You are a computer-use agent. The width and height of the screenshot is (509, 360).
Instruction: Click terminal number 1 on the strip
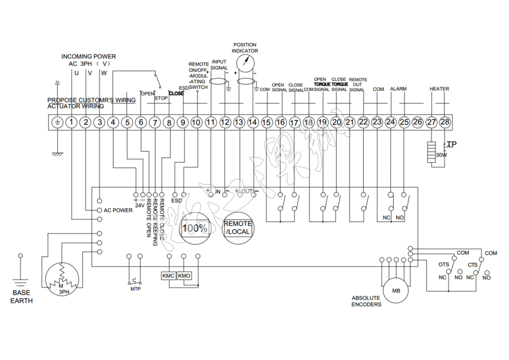71,122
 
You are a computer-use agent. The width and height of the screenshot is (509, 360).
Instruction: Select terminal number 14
252,122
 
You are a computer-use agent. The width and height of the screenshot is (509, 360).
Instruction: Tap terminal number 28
445,122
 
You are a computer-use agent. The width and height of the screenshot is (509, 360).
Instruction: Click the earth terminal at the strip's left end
57,122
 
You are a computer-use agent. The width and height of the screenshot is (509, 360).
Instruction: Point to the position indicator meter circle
245,63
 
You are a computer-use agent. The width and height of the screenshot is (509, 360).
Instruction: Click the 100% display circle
194,228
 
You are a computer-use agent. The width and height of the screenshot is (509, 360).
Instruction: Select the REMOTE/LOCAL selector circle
238,228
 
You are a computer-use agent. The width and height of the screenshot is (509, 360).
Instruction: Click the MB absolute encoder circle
396,291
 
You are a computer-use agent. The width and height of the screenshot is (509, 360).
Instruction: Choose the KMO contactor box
184,276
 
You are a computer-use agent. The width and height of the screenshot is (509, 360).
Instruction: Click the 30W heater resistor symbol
433,152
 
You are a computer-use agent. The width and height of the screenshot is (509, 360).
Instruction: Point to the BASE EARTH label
21,297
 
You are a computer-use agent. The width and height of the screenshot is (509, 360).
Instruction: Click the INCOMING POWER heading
89,57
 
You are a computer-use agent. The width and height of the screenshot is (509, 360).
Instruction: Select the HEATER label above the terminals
439,89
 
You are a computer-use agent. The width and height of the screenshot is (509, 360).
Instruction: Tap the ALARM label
398,89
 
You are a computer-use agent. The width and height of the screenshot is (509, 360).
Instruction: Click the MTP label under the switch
135,289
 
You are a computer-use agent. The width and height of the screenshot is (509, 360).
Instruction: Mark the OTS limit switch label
444,264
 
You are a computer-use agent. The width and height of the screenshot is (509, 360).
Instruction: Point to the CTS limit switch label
472,264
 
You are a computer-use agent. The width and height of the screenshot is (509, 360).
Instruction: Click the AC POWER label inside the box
118,210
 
